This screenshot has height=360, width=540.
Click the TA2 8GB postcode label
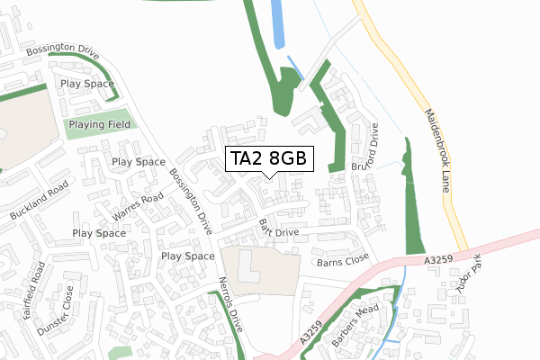coord(270,158)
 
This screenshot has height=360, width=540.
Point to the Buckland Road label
coord(40,205)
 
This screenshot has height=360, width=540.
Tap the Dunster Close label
coord(56,310)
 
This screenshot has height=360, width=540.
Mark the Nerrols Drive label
coord(232,305)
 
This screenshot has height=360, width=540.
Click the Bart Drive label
coord(277,227)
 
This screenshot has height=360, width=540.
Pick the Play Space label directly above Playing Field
coord(87,85)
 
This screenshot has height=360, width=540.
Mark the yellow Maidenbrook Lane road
coord(415,99)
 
